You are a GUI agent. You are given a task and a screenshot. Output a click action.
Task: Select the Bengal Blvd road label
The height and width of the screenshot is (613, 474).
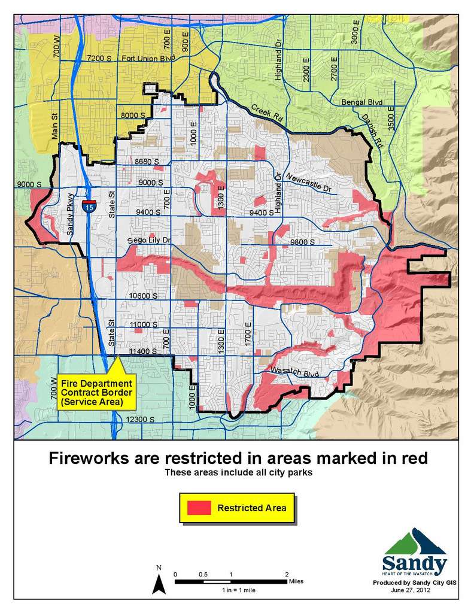[361, 102]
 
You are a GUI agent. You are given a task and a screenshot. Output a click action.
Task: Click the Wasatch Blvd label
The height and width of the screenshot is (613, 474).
[293, 371]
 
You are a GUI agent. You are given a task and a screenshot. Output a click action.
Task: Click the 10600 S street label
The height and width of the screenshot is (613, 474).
[143, 296]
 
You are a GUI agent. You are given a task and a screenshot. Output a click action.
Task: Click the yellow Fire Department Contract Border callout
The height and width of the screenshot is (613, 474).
[96, 392]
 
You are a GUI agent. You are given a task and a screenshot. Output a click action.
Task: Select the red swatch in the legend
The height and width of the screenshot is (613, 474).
[199, 508]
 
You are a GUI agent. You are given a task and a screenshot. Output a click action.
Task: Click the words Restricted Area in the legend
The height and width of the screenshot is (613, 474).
[251, 508]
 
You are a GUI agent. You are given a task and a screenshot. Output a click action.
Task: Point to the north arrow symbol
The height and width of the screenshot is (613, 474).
[158, 581]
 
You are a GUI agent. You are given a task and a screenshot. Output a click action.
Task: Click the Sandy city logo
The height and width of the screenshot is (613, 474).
[414, 553]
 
